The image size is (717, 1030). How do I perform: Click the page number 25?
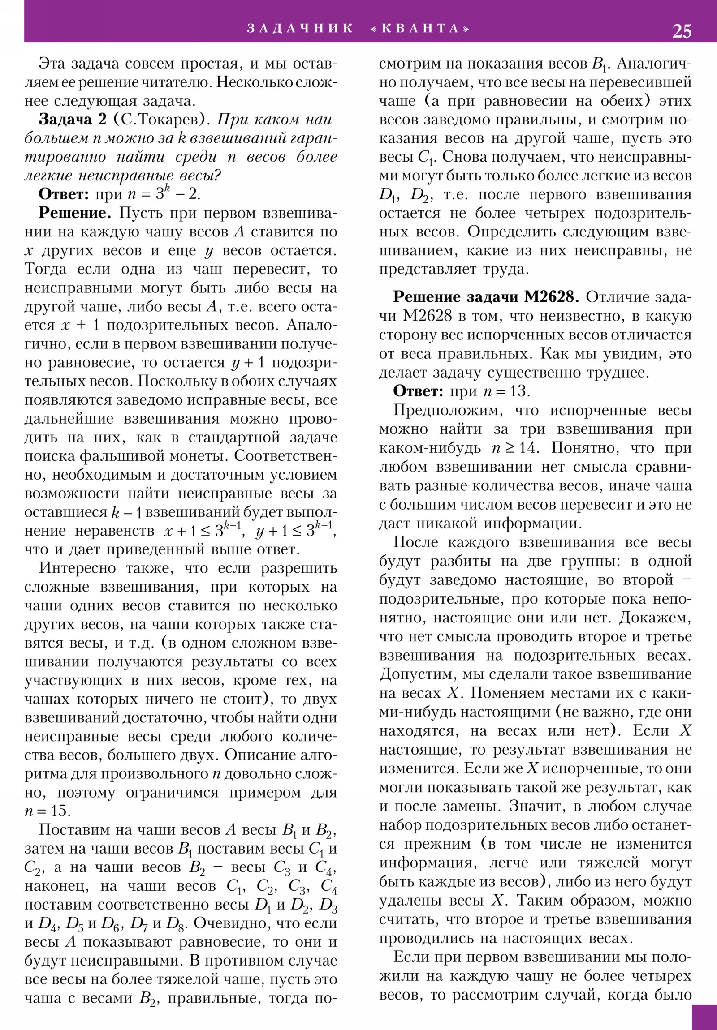click(x=682, y=31)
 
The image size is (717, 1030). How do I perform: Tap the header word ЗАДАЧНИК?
click(x=300, y=29)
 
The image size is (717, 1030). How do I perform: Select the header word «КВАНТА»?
click(x=421, y=29)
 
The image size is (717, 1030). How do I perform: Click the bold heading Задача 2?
click(x=73, y=120)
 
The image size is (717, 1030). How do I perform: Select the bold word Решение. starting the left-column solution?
click(x=74, y=213)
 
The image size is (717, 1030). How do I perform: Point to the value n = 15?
click(x=48, y=811)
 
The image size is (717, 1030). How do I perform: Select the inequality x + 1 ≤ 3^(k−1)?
click(x=204, y=531)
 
